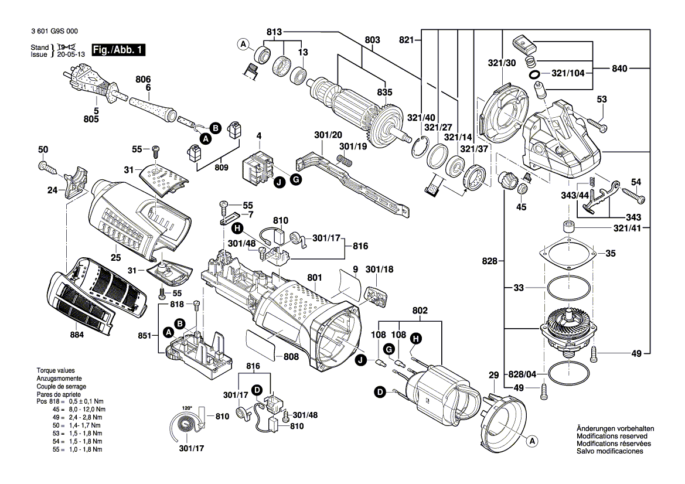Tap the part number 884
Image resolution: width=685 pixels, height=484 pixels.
(77, 335)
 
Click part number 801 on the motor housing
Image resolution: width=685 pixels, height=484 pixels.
(315, 277)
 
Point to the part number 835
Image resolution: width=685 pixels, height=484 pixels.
(384, 92)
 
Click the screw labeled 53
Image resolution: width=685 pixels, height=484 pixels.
(597, 125)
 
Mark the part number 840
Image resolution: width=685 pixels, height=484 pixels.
(619, 69)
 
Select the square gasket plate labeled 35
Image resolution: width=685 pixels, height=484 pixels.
(568, 254)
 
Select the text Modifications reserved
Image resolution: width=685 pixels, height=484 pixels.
(612, 437)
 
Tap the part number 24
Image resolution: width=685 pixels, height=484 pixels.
(53, 190)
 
